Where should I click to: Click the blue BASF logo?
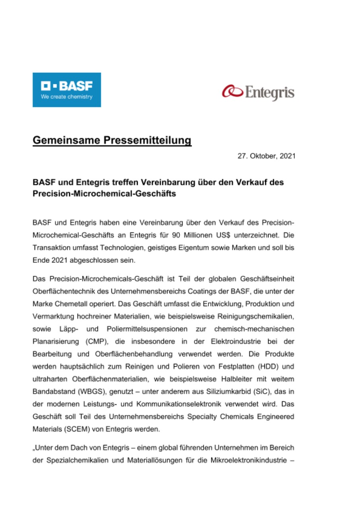[x=66, y=89]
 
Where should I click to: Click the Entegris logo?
[x=258, y=92]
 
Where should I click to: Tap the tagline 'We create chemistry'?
[x=66, y=97]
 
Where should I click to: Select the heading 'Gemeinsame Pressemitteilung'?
[x=112, y=141]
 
